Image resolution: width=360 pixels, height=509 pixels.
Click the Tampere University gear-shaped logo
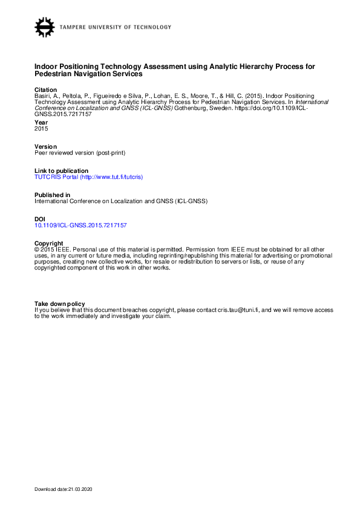point(45,27)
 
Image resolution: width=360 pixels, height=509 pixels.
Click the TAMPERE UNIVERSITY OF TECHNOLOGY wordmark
point(116,27)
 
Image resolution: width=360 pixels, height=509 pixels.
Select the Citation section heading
point(45,89)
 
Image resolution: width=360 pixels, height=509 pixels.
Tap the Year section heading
point(41,123)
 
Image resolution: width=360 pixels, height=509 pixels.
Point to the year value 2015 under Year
point(41,128)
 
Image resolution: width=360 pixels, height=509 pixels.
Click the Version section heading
point(45,147)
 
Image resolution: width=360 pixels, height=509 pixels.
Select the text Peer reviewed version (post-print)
point(80,152)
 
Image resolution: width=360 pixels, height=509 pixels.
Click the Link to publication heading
point(61,171)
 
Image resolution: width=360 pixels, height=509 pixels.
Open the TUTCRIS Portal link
point(88,177)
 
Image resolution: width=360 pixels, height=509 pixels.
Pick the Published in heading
point(52,195)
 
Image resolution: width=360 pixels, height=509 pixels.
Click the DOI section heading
point(40,219)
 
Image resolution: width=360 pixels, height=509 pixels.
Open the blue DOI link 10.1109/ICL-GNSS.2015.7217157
point(80,225)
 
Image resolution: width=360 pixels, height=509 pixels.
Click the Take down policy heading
point(59,303)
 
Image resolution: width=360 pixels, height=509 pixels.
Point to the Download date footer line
point(64,488)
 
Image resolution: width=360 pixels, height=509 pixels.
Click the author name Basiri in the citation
point(42,96)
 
